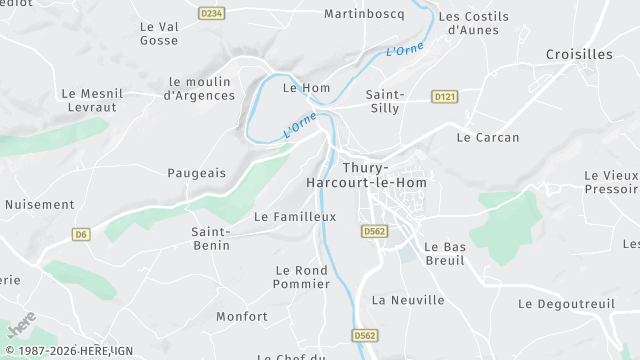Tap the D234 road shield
[x=211, y=13]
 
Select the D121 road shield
[x=445, y=96]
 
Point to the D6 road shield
[x=82, y=234]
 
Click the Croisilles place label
[x=579, y=54]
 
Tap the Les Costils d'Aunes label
[x=473, y=23]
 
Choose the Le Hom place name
[x=306, y=88]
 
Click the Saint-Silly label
[x=385, y=101]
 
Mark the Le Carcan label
[x=487, y=137]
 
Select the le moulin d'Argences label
[x=199, y=89]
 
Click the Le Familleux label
[x=295, y=216]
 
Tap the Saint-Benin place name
[x=211, y=238]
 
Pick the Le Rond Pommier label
[x=301, y=277]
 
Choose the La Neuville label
[x=407, y=300]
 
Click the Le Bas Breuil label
[x=445, y=254]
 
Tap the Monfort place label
[x=242, y=317]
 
